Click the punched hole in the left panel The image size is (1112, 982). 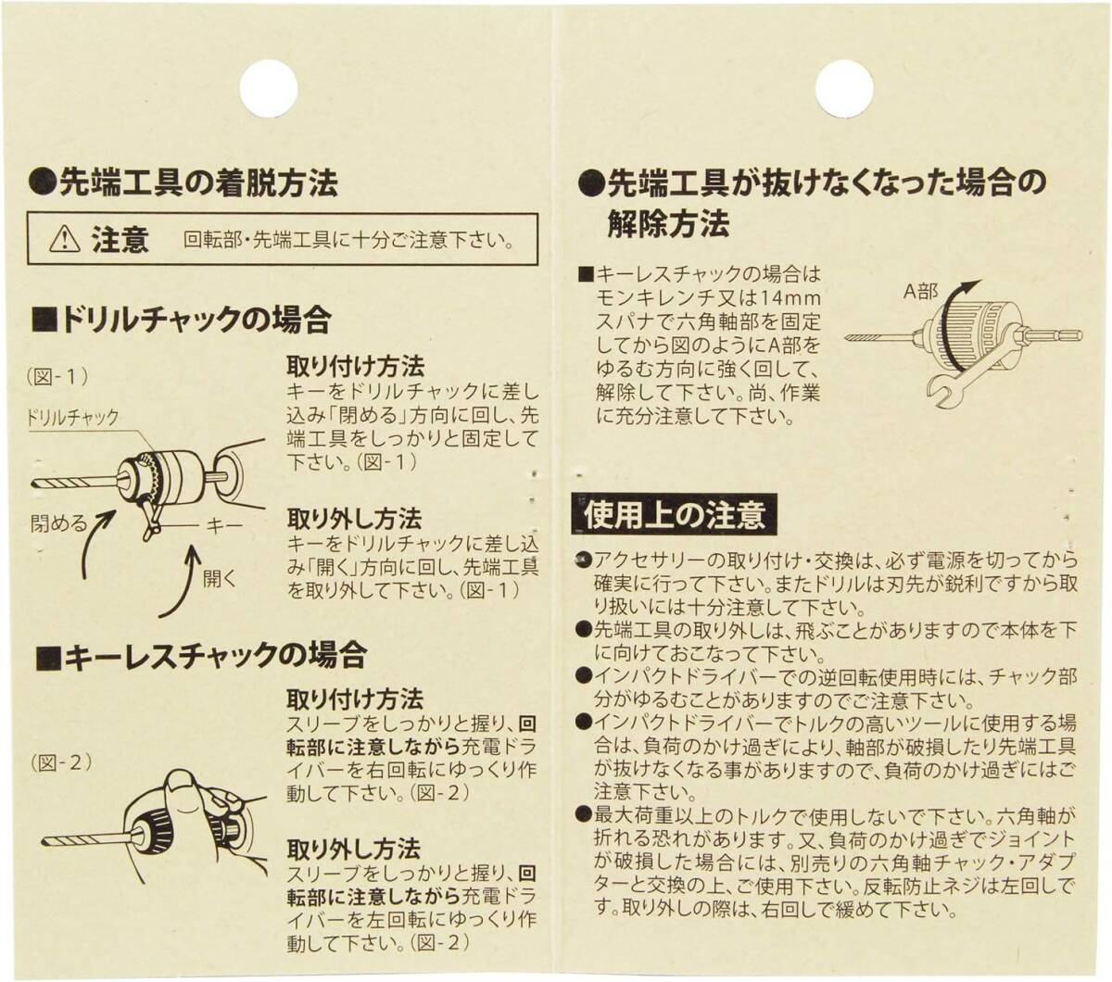coord(269,88)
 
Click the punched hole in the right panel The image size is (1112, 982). coord(844,88)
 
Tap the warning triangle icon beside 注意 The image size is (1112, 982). coord(64,239)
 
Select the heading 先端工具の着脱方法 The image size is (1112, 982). coord(183,182)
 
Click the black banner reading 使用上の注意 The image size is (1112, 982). coord(675,514)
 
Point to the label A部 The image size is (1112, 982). coord(920,292)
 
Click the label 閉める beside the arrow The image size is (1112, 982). coord(58,523)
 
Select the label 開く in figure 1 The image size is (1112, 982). coord(219,578)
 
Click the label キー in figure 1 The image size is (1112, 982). coord(224,526)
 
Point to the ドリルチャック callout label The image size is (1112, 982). coord(72,418)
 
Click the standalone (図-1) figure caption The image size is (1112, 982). coord(57,377)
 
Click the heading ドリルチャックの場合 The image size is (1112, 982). coord(181,320)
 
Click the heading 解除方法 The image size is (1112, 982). coord(668,223)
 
